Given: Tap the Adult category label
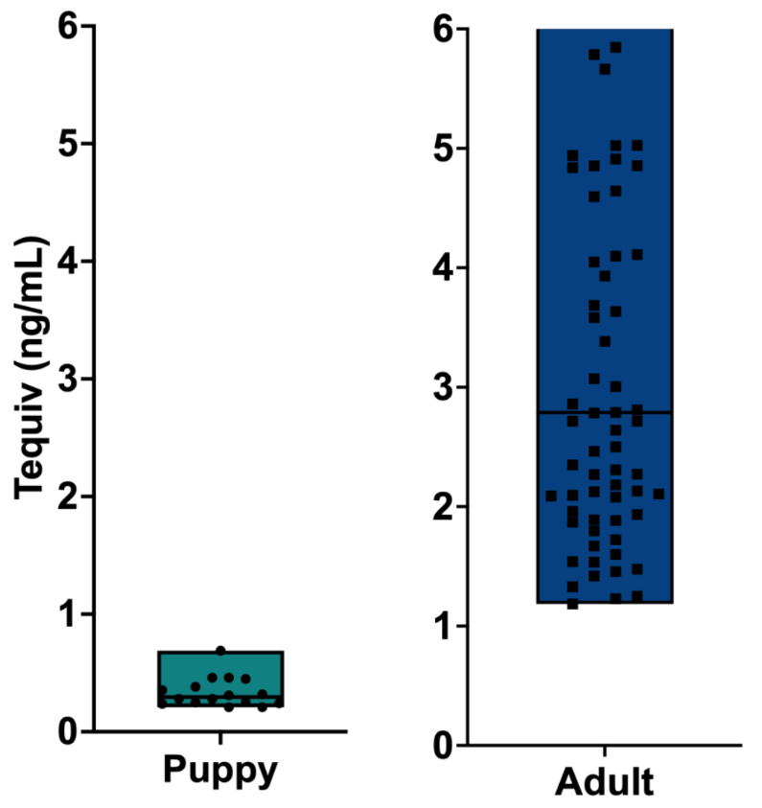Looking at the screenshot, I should (x=605, y=782).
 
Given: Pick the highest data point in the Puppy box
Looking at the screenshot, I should (x=220, y=651).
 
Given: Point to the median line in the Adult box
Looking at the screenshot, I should (x=605, y=412).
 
